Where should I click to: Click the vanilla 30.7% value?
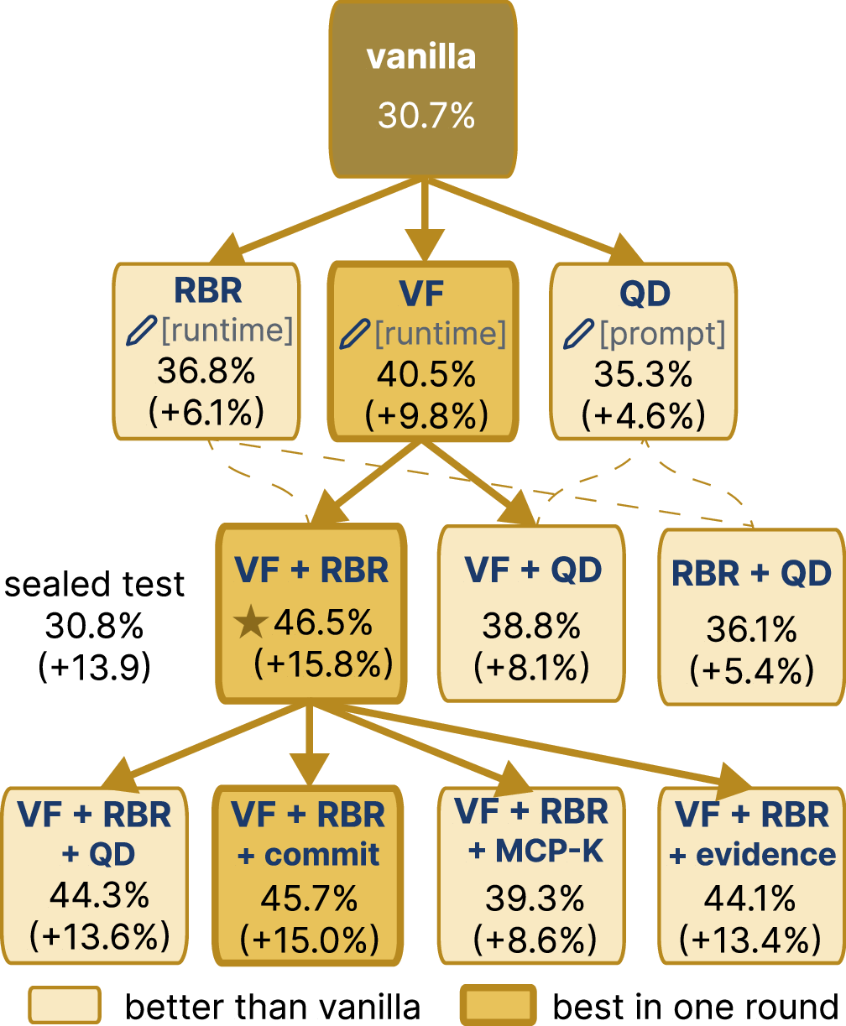click(x=426, y=116)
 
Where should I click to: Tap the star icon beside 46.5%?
click(x=251, y=622)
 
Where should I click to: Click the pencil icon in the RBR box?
click(x=141, y=331)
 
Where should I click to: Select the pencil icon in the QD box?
click(x=578, y=334)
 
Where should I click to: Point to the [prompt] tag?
click(x=662, y=335)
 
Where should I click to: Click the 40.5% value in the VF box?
click(x=426, y=374)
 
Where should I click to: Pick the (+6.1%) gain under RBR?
click(x=206, y=411)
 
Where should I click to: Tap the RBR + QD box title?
click(x=751, y=574)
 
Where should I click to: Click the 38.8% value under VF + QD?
click(x=531, y=626)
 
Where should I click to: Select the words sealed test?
click(x=94, y=584)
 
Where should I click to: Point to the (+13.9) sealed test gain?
click(x=94, y=667)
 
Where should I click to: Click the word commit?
click(x=322, y=855)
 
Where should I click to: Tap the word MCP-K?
click(x=549, y=851)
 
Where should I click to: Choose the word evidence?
click(x=766, y=855)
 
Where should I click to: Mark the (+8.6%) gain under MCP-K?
click(x=535, y=939)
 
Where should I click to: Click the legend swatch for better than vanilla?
click(x=65, y=1005)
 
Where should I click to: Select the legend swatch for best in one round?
click(x=498, y=1005)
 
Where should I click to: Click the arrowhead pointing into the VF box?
click(x=426, y=245)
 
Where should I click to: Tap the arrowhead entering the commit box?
click(x=309, y=770)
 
